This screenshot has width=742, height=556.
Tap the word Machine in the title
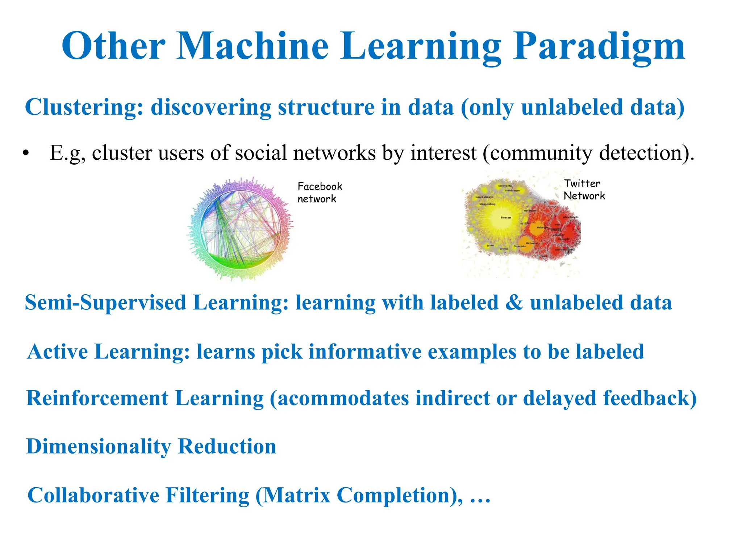point(253,46)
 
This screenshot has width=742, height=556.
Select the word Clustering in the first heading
point(84,108)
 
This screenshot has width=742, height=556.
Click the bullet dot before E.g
point(25,153)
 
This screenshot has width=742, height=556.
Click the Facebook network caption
point(320,193)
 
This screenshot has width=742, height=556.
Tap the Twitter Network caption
point(584,190)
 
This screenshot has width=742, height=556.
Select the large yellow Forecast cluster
point(500,219)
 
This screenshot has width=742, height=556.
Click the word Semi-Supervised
point(105,303)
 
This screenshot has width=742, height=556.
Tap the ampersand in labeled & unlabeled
point(514,303)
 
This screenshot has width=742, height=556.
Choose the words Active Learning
point(108,352)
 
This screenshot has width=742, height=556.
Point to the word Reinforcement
point(97,399)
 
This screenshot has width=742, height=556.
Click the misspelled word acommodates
point(343,399)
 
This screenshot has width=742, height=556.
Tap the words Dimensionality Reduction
point(151,447)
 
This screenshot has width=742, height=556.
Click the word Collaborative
point(93,495)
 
